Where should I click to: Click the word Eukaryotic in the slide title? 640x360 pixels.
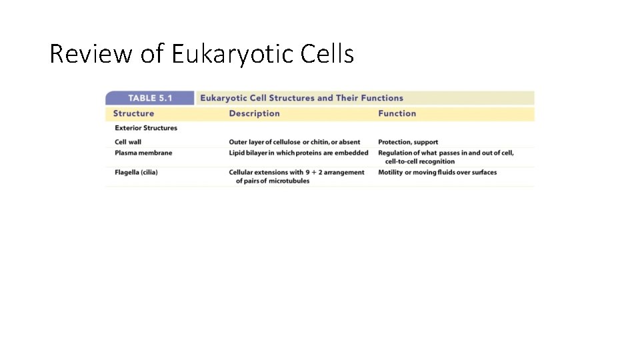[x=230, y=54]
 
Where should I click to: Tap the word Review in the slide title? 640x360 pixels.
[x=91, y=54]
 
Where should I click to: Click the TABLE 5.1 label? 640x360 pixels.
[x=150, y=98]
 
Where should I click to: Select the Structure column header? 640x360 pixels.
[x=133, y=113]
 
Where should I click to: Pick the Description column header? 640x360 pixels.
[x=254, y=113]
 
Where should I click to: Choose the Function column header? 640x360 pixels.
[x=397, y=113]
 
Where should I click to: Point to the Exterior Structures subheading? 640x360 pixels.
[x=146, y=128]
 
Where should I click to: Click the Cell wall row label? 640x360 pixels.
[x=128, y=142]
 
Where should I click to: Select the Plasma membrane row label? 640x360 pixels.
[x=143, y=153]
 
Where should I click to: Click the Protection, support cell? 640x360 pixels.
[x=408, y=142]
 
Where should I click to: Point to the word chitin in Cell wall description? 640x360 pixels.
[x=321, y=142]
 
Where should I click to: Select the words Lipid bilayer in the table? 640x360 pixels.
[x=251, y=153]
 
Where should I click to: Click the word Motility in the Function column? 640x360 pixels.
[x=391, y=172]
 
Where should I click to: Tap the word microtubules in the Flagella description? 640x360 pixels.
[x=289, y=181]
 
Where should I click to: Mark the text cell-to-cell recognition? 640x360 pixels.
[x=420, y=161]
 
